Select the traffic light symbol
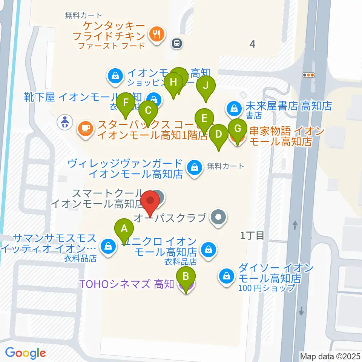(309, 75)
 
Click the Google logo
(25, 353)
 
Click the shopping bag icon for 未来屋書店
(234, 109)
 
